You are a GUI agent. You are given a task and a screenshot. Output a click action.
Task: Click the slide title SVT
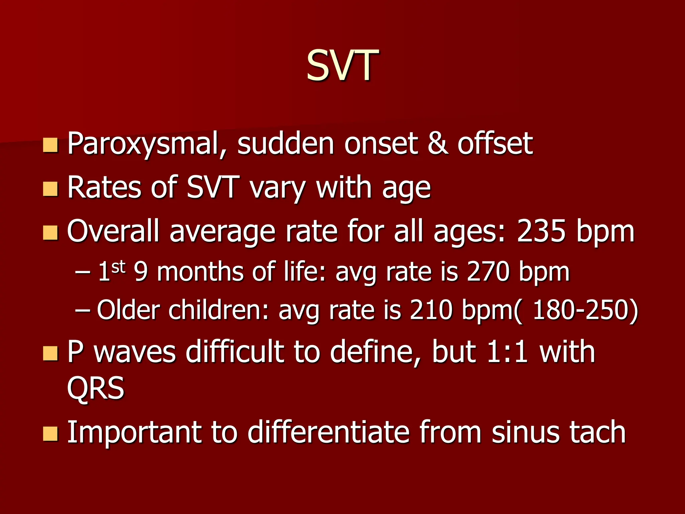pos(342,66)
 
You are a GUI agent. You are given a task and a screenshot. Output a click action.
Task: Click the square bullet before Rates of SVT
pos(51,189)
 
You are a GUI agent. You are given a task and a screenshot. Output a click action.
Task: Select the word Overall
pos(113,232)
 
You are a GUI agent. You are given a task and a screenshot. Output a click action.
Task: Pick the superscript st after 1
pos(118,267)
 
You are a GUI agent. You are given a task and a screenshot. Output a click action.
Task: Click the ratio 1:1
pos(507,352)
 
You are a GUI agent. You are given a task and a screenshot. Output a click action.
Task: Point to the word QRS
pos(96,388)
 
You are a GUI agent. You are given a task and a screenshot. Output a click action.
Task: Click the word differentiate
pos(328,432)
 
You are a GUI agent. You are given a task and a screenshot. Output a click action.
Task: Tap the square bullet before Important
pos(51,434)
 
